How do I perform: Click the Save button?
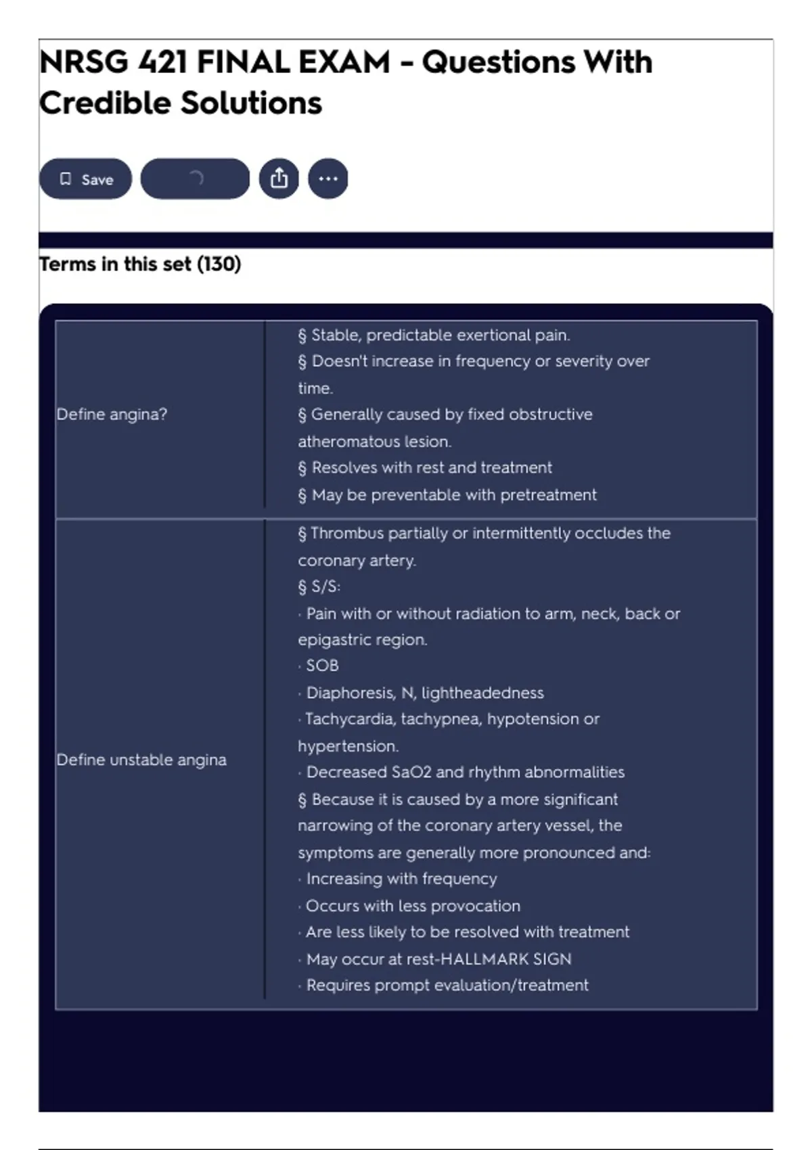[x=85, y=179]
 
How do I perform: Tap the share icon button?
[x=279, y=179]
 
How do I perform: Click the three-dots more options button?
[x=328, y=179]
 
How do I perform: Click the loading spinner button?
[x=195, y=179]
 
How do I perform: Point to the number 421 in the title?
[x=163, y=63]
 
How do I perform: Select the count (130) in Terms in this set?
[x=219, y=264]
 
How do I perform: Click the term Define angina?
[x=112, y=414]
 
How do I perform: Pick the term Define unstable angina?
[x=141, y=760]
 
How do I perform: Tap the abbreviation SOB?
[x=322, y=666]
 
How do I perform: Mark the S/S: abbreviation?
[x=325, y=586]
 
